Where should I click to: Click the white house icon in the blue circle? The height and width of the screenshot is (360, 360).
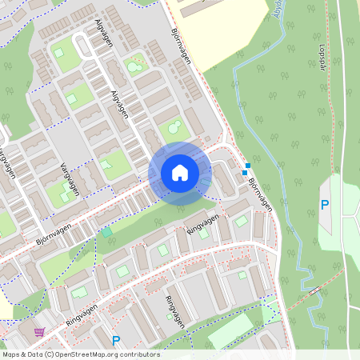pos(180,172)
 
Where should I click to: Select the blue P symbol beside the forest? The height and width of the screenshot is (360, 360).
pos(325,205)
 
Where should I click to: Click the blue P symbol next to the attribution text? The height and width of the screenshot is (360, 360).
pos(116,340)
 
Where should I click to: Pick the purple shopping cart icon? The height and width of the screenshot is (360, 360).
pos(39,331)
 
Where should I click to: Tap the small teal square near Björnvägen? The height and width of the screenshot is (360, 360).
pos(106,232)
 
